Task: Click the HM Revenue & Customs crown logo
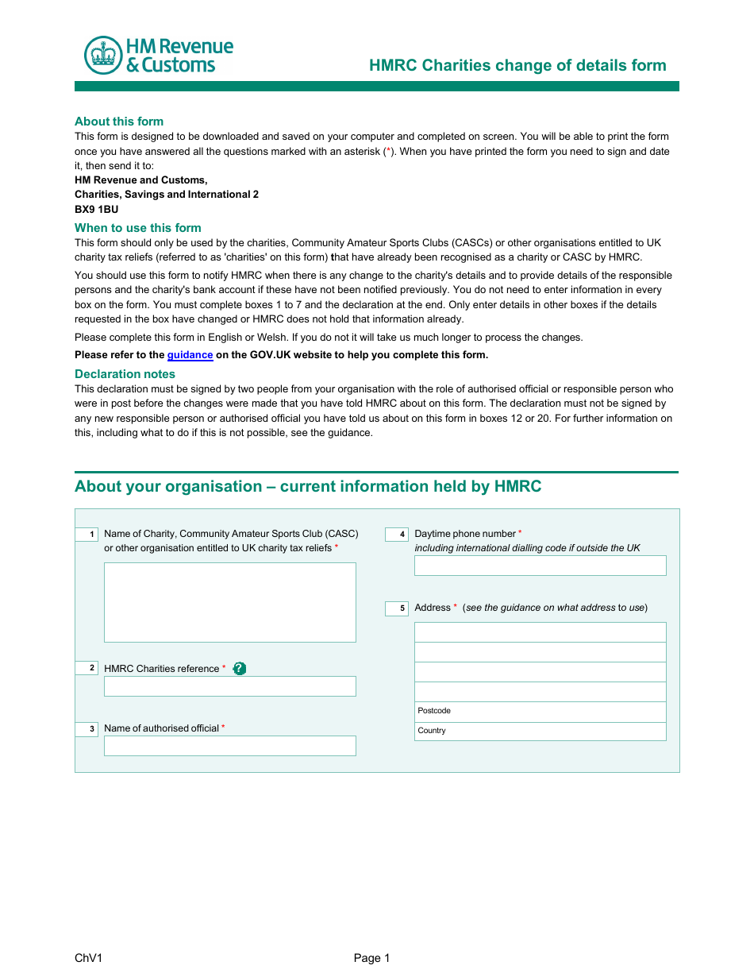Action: [103, 56]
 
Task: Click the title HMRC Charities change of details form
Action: [517, 65]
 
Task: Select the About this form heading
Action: [119, 122]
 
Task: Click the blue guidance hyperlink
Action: [190, 355]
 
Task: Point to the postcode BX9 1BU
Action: [96, 209]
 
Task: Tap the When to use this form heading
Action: [137, 228]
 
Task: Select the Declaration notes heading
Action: [125, 374]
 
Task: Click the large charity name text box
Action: [230, 602]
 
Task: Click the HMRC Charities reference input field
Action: [230, 686]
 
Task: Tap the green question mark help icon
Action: [240, 669]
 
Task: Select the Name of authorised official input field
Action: [230, 746]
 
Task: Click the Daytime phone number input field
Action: [540, 566]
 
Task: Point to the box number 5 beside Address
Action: [397, 608]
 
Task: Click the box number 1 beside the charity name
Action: [87, 535]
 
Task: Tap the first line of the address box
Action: [540, 632]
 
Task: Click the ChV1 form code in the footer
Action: [88, 958]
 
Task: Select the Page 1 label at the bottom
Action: [371, 958]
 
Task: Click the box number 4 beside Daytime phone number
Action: [397, 535]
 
